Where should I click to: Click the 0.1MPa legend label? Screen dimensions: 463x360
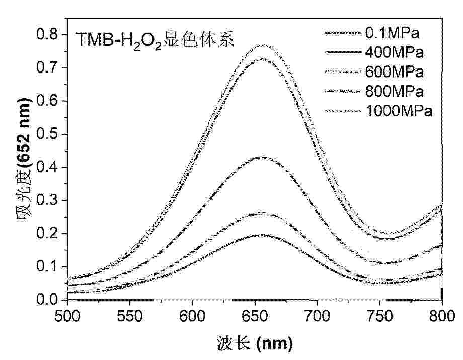pos(392,33)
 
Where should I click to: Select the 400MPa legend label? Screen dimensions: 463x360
pos(395,52)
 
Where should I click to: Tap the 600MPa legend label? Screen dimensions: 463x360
pos(395,72)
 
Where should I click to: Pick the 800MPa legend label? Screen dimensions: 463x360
pos(395,91)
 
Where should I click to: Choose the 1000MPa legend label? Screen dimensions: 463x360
pos(399,111)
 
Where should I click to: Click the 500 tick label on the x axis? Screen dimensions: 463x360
pos(67,316)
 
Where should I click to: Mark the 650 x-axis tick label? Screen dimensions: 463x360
pos(255,316)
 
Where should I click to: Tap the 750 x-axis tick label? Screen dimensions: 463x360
pos(379,316)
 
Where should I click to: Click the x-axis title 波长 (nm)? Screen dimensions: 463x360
pos(255,343)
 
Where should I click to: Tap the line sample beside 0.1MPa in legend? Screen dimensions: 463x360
pos(343,33)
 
